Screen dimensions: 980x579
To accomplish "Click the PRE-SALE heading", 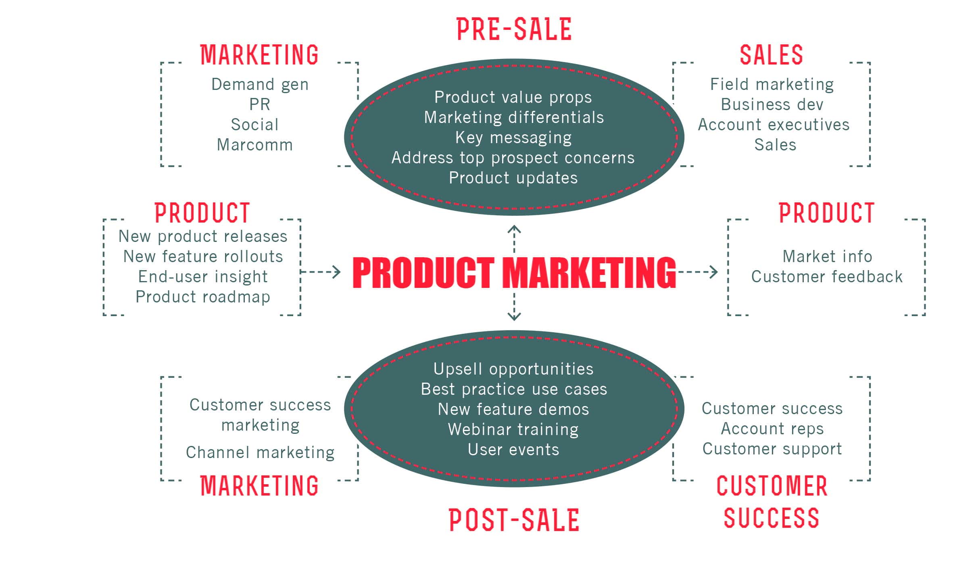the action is click(x=514, y=29).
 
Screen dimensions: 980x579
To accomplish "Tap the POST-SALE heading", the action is click(x=514, y=520).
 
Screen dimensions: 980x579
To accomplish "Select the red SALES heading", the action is click(x=771, y=55).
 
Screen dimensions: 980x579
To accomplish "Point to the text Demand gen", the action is click(x=260, y=85).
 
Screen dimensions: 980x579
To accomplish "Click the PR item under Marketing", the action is click(x=260, y=104).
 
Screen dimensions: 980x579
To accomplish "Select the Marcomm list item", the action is click(x=255, y=145).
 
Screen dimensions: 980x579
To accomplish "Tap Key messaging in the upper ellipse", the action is click(x=514, y=138).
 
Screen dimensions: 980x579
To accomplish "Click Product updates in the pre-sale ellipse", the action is click(x=513, y=178).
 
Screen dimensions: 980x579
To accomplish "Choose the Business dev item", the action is click(x=772, y=104).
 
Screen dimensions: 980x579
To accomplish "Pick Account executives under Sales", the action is click(x=774, y=125).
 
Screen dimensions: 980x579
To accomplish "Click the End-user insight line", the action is click(x=203, y=277).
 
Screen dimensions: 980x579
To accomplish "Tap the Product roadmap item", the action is click(x=203, y=297).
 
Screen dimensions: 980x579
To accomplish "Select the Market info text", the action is click(x=827, y=256).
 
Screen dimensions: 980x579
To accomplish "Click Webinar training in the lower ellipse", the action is click(x=513, y=430).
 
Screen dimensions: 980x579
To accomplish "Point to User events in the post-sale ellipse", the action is click(x=513, y=450).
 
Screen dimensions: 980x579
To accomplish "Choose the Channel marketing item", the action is click(x=260, y=453).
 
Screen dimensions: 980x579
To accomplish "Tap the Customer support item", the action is click(x=772, y=449).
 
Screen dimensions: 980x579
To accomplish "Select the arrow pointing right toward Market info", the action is click(x=698, y=272).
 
